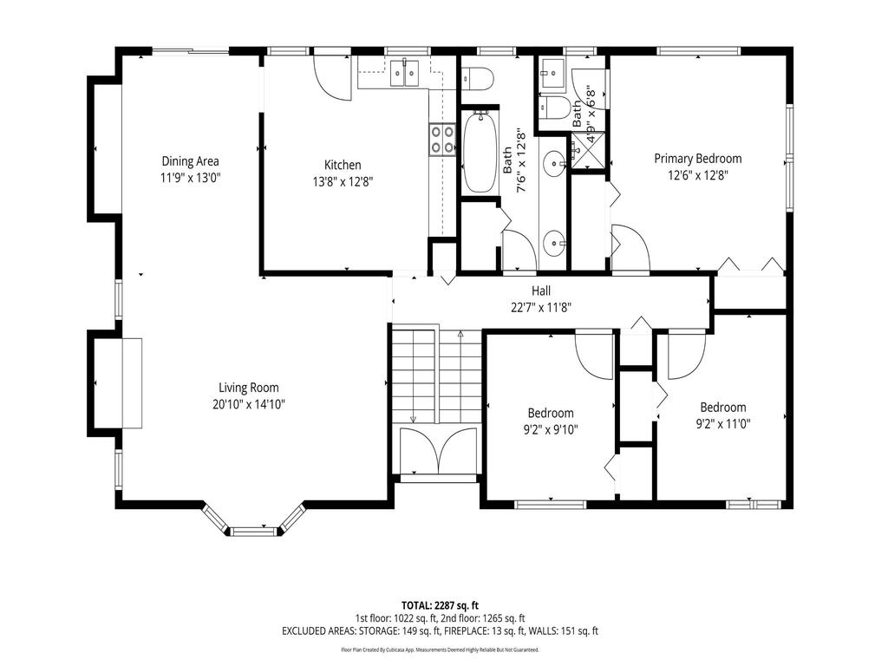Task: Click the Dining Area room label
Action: click(190, 160)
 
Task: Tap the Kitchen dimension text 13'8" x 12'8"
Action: click(343, 181)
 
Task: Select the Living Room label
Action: click(248, 388)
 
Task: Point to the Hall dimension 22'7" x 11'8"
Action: click(540, 306)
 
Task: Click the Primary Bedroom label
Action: click(697, 159)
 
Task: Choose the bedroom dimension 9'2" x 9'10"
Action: click(551, 429)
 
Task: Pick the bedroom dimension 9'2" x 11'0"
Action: click(723, 424)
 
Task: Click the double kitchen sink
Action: click(405, 74)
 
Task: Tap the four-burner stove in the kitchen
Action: click(441, 140)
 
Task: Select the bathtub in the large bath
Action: click(479, 153)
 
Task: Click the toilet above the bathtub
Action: click(478, 79)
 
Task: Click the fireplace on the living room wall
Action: click(130, 382)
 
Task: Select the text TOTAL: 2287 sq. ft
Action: click(440, 604)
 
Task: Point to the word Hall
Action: click(541, 291)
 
